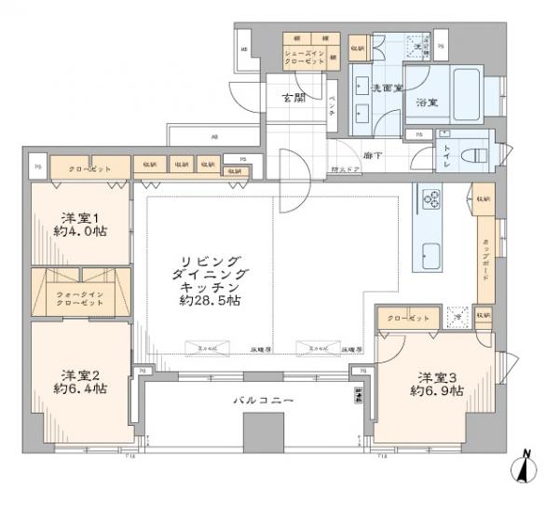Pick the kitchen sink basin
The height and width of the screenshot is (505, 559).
point(431,254)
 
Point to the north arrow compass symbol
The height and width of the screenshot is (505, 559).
point(525,468)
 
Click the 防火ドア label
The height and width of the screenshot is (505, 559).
point(346,170)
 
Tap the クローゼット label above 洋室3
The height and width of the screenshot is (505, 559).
point(408,319)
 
